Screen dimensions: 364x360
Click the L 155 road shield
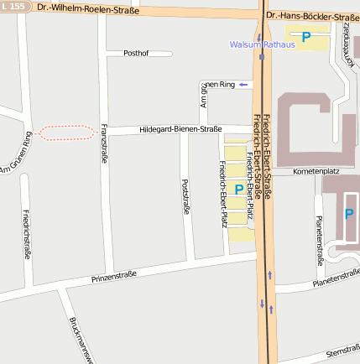[x=14, y=7]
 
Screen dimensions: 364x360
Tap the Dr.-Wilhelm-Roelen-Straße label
[x=88, y=9]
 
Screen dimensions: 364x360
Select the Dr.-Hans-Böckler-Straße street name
[x=311, y=16]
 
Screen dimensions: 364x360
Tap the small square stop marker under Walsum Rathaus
[x=262, y=59]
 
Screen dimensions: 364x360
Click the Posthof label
[x=136, y=53]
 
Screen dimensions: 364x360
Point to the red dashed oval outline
[x=66, y=132]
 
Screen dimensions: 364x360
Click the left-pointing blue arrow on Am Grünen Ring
[x=243, y=85]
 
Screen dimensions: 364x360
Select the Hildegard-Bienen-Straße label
[x=180, y=129]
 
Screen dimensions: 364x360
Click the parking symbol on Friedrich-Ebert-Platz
[x=238, y=190]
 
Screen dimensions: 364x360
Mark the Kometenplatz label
[x=316, y=170]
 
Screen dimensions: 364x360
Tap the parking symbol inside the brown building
[x=348, y=215]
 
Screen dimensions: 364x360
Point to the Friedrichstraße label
[x=27, y=234]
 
